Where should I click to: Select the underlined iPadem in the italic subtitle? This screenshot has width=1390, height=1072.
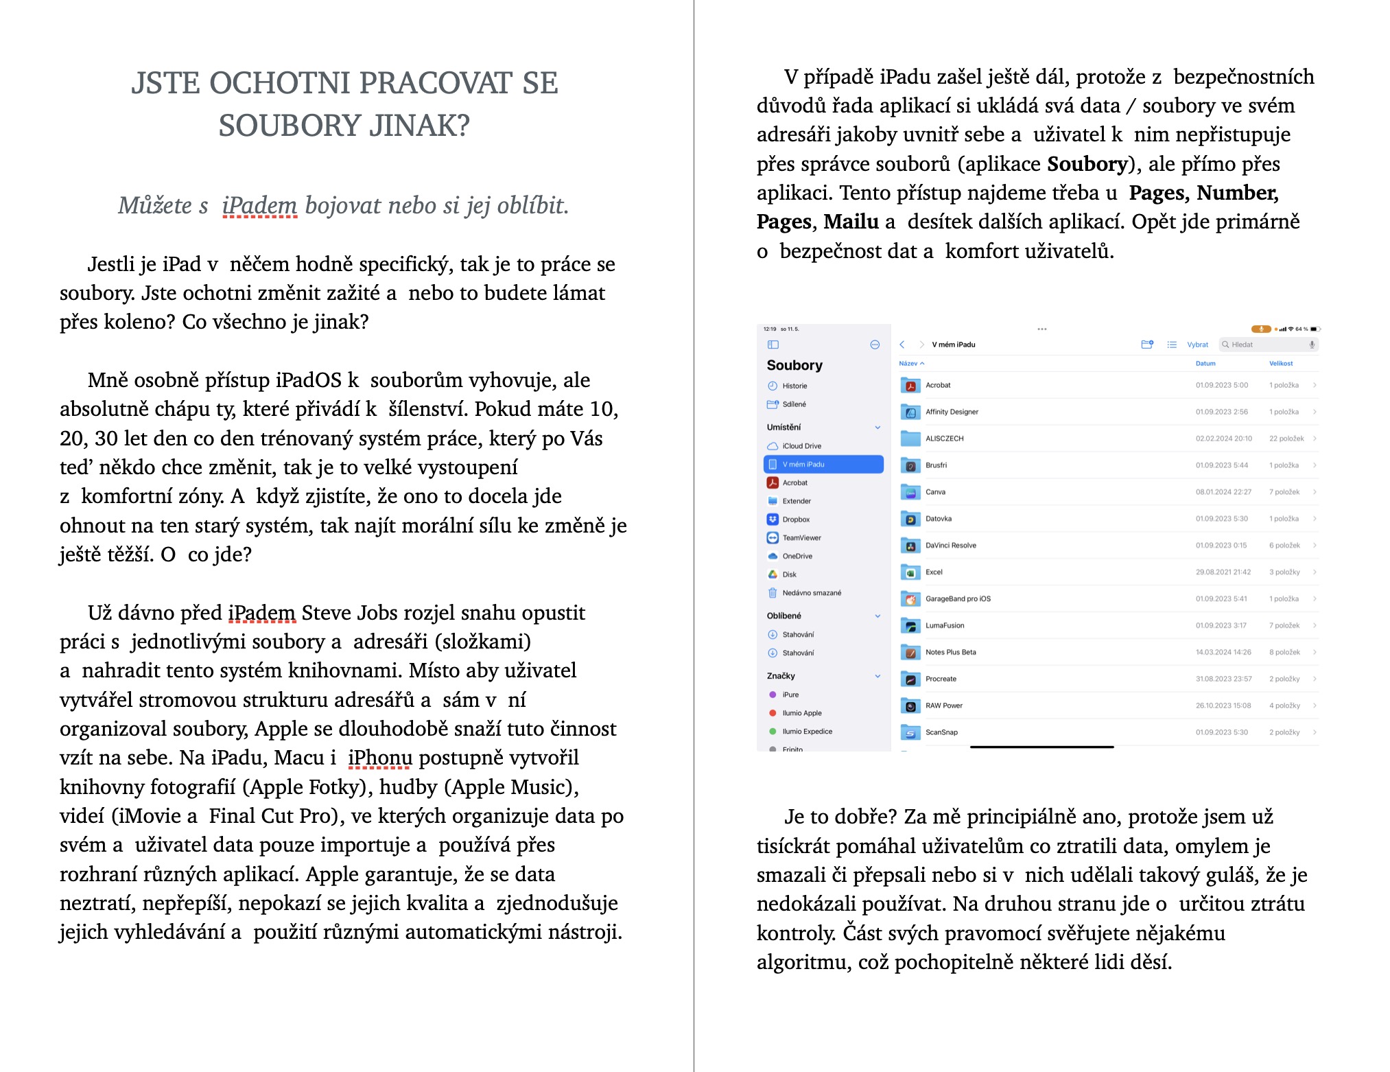pos(259,205)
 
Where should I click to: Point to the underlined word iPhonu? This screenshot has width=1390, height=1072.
pos(380,758)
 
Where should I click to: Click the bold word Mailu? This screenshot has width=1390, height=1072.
pos(851,222)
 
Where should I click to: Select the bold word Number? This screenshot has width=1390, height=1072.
pos(1238,193)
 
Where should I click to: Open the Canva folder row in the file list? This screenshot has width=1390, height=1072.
pos(935,492)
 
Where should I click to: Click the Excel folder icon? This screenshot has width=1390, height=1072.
pos(910,572)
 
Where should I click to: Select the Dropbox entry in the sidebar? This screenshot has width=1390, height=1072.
pos(796,520)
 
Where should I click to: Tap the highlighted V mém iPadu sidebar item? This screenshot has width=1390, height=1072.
pos(823,465)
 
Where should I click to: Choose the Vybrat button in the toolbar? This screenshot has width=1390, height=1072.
pos(1197,345)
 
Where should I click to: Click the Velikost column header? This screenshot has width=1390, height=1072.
pos(1280,364)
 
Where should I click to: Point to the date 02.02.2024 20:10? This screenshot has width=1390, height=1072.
pos(1223,439)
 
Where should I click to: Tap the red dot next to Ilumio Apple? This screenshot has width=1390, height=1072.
pos(773,713)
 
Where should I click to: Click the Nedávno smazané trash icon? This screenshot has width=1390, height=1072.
pos(773,593)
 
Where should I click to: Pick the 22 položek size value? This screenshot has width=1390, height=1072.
pos(1286,439)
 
